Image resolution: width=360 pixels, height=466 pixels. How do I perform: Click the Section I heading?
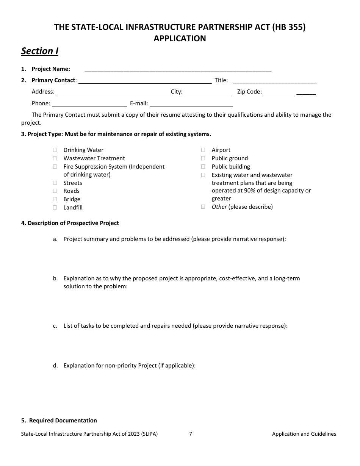pyautogui.click(x=40, y=51)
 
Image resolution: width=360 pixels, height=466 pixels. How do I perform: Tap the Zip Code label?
pyautogui.click(x=249, y=92)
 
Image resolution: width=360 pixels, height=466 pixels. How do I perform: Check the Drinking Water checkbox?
pyautogui.click(x=55, y=150)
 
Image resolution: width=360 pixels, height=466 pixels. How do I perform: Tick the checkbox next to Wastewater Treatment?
pyautogui.click(x=55, y=158)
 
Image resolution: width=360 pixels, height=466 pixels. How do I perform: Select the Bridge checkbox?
pyautogui.click(x=55, y=199)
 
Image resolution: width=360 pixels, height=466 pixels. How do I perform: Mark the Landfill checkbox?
pyautogui.click(x=55, y=208)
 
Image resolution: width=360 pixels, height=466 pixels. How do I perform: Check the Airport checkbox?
pyautogui.click(x=203, y=150)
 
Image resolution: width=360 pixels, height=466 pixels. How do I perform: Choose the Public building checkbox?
pyautogui.click(x=203, y=167)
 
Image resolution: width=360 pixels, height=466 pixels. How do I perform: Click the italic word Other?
pyautogui.click(x=219, y=207)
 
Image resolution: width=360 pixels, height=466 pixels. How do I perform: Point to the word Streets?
pyautogui.click(x=73, y=183)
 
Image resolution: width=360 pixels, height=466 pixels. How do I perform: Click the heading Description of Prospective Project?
pyautogui.click(x=70, y=223)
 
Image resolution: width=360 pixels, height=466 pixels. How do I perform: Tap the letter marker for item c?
pyautogui.click(x=55, y=326)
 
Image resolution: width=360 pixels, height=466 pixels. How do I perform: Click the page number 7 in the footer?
pyautogui.click(x=191, y=434)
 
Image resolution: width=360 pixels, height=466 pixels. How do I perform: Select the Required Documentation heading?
pyautogui.click(x=59, y=421)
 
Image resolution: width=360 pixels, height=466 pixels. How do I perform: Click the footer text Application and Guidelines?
pyautogui.click(x=304, y=434)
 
